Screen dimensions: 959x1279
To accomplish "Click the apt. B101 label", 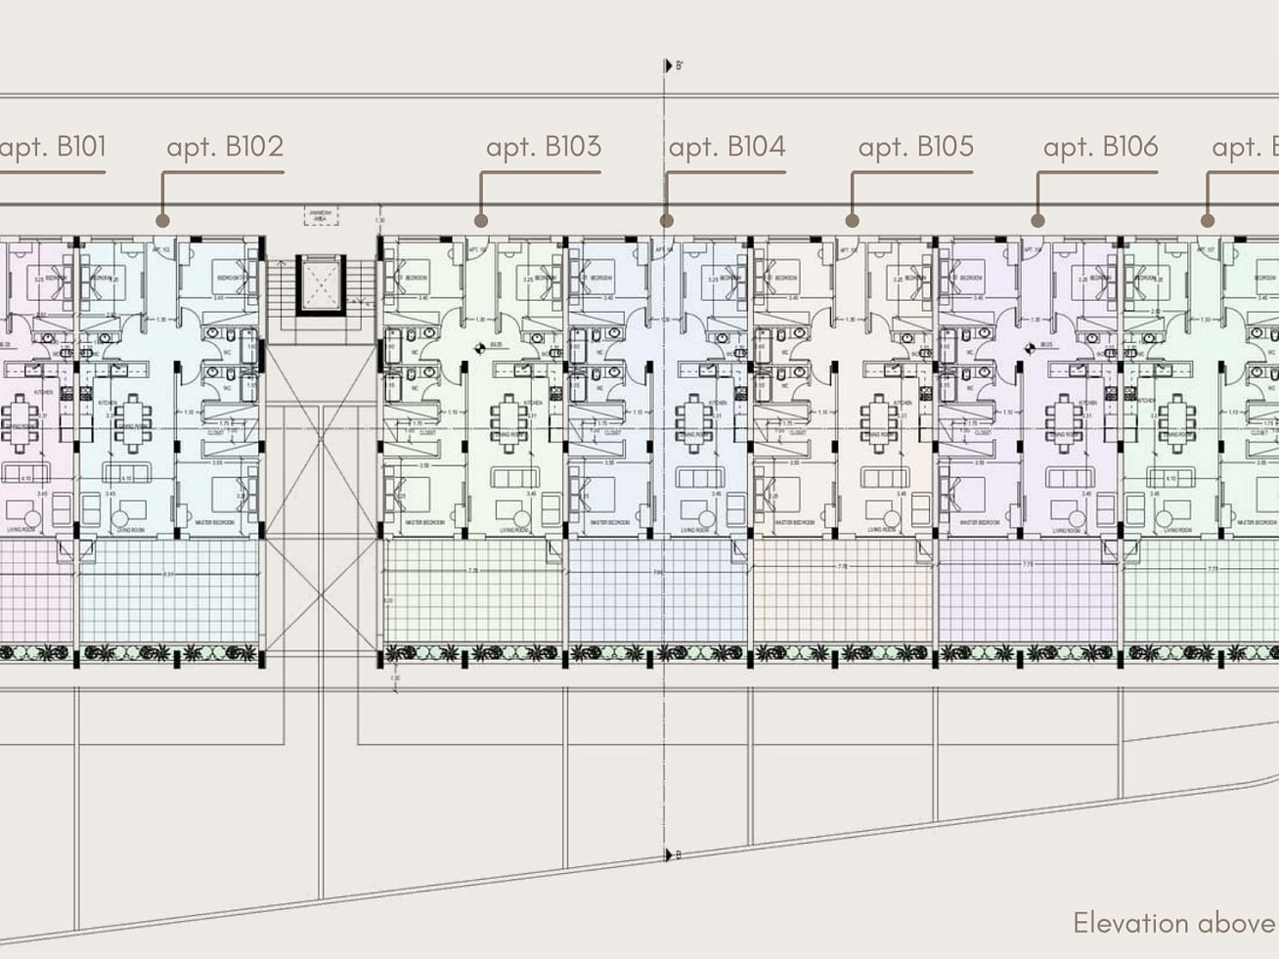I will click(x=53, y=148).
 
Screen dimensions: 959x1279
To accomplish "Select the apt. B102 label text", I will click(x=225, y=148).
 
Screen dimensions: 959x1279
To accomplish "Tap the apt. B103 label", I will click(x=544, y=148).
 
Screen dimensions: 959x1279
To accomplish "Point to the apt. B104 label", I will click(x=727, y=148).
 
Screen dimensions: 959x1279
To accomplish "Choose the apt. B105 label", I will click(x=916, y=148).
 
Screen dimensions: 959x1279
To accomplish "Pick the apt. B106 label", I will click(x=1101, y=148).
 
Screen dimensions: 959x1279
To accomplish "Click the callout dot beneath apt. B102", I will click(x=163, y=221).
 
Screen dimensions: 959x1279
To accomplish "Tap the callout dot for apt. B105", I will click(x=852, y=221).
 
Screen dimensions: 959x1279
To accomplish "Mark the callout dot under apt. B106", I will click(x=1037, y=221).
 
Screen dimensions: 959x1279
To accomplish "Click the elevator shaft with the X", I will click(x=322, y=283).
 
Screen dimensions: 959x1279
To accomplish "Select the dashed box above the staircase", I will click(x=321, y=215).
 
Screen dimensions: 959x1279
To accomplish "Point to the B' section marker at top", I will click(x=674, y=66).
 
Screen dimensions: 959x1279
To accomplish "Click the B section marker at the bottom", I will click(x=674, y=855).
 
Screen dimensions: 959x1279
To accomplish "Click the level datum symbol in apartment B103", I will click(x=480, y=347).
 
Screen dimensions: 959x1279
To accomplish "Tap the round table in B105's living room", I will click(x=892, y=518).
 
